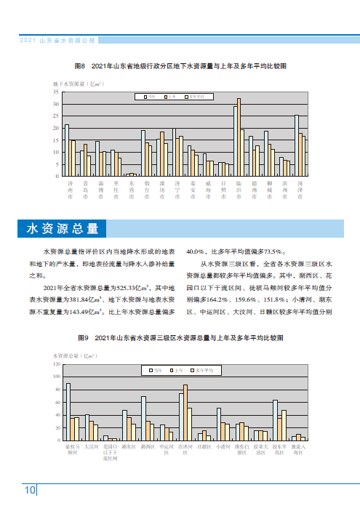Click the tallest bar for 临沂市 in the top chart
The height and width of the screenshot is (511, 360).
(x=239, y=137)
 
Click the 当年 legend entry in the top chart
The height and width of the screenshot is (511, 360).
(x=150, y=96)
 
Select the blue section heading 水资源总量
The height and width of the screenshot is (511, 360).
(x=62, y=228)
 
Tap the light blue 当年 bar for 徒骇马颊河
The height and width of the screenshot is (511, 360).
(x=68, y=411)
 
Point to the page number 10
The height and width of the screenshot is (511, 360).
(x=30, y=490)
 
